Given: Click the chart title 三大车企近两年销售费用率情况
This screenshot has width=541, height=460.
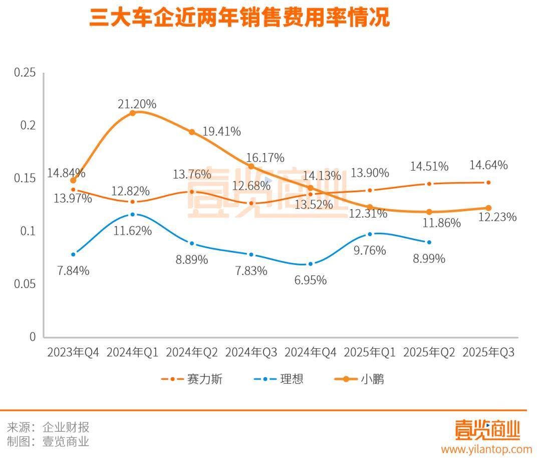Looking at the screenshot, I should (239, 18).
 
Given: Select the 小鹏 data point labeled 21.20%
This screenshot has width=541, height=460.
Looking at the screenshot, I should (133, 113).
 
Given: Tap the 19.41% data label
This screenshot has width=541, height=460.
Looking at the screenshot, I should (221, 131).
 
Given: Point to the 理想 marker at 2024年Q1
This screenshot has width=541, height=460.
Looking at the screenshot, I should (133, 214).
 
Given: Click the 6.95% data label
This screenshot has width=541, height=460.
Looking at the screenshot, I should (310, 280).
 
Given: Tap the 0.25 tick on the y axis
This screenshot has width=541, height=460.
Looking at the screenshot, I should (25, 73).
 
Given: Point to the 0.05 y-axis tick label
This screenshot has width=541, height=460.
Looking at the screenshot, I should (25, 284).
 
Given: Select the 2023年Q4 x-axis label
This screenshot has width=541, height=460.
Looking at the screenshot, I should (73, 353).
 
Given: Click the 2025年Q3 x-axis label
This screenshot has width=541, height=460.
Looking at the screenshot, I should (488, 353).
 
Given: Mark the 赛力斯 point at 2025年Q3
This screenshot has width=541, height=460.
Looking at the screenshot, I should (488, 183).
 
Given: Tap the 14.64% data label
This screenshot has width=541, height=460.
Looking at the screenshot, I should (488, 165).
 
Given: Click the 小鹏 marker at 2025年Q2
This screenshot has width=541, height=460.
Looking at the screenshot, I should (429, 212).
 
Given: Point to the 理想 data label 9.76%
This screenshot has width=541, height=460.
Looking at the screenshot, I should (369, 250).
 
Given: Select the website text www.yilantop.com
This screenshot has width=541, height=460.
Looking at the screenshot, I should (486, 449).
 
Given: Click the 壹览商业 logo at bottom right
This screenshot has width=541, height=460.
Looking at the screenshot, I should (487, 430).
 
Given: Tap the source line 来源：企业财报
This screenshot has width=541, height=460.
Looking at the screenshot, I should (48, 427).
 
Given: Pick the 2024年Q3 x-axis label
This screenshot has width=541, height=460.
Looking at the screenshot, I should (251, 353).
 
